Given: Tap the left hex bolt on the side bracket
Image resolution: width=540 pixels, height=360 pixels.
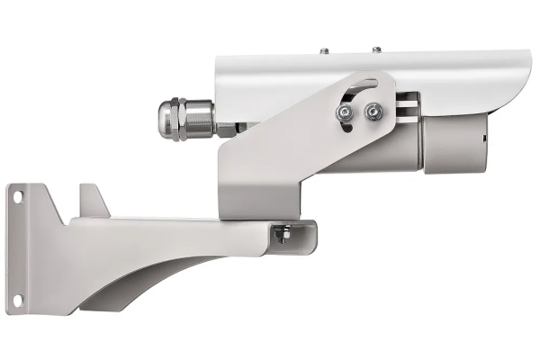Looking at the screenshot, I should tap(344, 112).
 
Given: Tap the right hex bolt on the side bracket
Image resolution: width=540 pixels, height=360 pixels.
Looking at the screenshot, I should tap(373, 112).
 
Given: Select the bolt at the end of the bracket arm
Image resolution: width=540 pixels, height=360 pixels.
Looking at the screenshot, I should tap(284, 236).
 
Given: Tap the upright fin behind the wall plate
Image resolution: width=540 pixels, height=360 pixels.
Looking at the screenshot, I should tap(91, 200).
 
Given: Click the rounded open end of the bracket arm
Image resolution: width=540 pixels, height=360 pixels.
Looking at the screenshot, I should tap(306, 235).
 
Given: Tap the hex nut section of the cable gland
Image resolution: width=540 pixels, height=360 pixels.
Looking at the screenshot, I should tap(198, 120).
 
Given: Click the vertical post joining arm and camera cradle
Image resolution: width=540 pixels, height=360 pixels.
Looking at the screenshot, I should tap(256, 180).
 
